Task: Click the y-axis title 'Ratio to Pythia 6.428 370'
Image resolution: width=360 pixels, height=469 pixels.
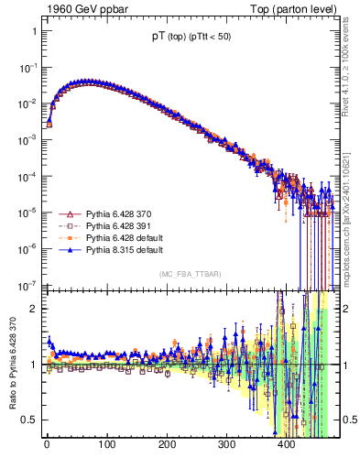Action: click(12, 366)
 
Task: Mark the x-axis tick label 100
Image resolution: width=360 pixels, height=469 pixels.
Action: click(106, 446)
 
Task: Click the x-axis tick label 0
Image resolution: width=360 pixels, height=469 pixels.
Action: click(47, 446)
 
